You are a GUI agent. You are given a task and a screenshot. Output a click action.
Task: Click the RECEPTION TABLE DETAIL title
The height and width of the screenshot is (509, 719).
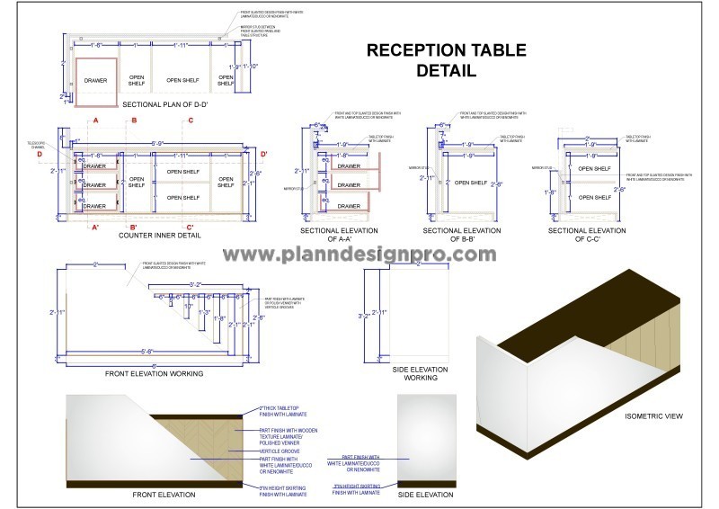433,60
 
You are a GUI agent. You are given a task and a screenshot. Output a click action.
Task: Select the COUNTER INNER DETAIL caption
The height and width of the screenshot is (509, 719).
159,235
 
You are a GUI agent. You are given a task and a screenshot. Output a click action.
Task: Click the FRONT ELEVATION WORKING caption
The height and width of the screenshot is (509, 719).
154,373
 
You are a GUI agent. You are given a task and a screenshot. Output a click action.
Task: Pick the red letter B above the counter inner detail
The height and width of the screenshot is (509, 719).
134,120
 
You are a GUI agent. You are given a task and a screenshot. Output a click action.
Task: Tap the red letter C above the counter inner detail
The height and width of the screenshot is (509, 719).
190,120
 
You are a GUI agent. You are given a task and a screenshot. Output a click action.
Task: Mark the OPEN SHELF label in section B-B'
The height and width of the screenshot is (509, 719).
470,183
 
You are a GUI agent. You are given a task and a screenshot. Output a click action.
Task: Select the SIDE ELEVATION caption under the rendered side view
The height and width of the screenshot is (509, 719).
425,495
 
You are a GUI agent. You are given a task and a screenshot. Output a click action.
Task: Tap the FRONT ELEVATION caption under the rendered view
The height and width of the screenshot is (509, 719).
163,495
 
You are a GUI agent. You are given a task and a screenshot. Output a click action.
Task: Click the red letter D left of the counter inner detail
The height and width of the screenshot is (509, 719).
40,154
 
